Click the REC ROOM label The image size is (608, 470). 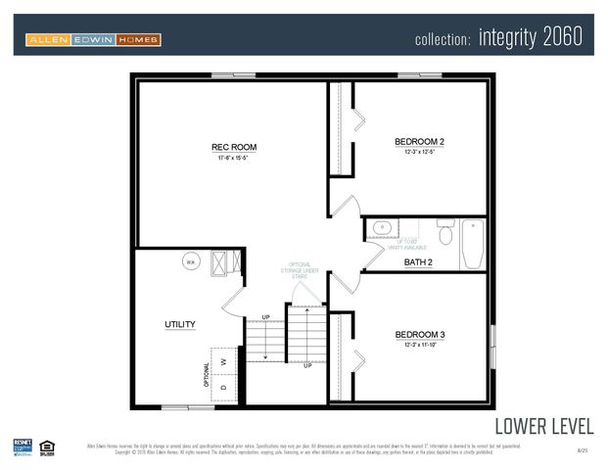point(234,148)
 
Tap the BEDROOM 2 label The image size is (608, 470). point(419,142)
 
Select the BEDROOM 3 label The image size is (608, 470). point(419,334)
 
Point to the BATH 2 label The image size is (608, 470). point(418,262)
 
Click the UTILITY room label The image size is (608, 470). point(180,324)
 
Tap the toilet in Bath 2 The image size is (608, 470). point(444,233)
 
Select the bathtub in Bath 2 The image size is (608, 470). point(472,244)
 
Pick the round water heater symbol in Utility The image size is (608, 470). point(191,261)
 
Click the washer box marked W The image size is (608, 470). point(224,361)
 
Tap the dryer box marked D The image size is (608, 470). point(224,387)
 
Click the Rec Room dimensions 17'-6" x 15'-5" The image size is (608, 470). point(234,159)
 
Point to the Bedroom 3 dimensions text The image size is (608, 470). point(419,345)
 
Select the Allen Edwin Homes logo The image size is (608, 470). point(93,39)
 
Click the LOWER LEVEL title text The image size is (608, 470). point(543,426)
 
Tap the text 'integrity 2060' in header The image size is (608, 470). point(531,38)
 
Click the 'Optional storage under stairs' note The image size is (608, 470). point(301,270)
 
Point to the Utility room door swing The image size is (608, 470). point(233,299)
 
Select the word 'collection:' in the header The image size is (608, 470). point(444,40)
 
